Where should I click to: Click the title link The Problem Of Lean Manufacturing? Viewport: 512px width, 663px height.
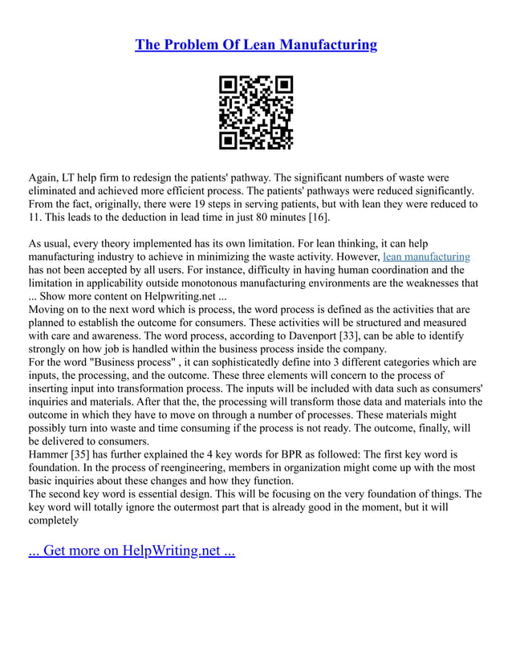pos(256,45)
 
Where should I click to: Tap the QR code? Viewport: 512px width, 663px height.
pos(256,113)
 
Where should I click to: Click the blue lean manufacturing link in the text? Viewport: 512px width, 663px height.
pos(426,257)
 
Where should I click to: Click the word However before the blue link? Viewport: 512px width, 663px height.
pos(354,257)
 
